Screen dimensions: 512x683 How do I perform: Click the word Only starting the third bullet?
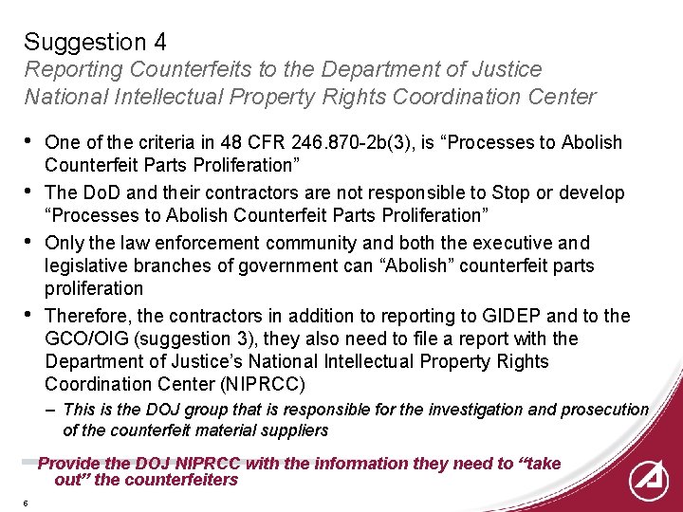[64, 243]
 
